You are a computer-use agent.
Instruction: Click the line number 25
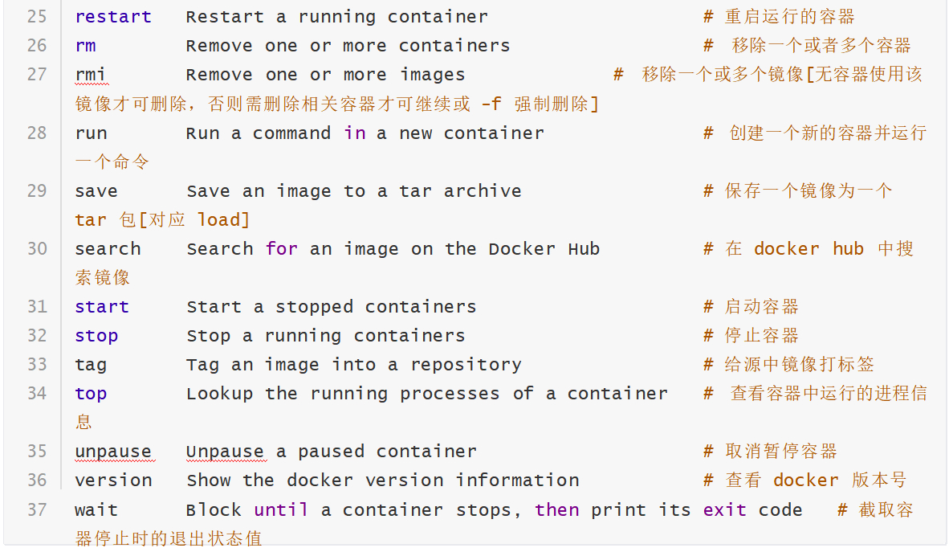37,16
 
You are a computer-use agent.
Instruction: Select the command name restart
113,17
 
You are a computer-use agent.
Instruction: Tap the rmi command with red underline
91,75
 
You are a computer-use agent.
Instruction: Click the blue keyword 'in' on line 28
355,133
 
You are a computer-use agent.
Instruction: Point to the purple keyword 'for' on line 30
282,249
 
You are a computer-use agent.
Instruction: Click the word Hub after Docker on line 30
584,249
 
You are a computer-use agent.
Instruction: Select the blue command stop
96,336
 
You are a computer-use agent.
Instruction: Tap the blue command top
91,394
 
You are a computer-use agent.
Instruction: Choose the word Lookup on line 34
220,394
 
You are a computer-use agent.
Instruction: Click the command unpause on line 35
113,452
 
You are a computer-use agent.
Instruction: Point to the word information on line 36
518,481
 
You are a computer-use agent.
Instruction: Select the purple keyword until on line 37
281,509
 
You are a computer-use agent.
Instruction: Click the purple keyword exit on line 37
724,509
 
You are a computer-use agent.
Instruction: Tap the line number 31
37,306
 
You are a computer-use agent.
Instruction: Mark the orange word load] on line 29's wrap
223,220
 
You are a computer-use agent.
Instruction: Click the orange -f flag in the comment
491,104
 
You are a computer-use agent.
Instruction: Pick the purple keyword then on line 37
557,509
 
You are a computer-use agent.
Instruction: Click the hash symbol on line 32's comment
708,335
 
